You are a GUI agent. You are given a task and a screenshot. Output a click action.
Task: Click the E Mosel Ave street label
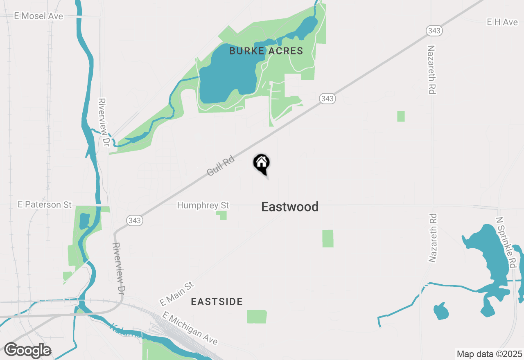[x=38, y=16]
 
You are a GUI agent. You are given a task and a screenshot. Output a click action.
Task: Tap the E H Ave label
[x=502, y=22]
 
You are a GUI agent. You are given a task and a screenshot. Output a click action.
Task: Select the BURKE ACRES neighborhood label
[x=266, y=51]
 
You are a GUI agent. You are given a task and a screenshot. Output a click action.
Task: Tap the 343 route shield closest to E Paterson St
[x=134, y=220]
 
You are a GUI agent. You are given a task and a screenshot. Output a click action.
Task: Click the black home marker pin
[x=261, y=164]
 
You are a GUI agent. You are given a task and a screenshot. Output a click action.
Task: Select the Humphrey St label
[x=203, y=205]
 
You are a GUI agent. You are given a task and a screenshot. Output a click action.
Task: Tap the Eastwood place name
[x=290, y=207]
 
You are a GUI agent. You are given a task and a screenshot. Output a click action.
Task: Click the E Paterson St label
[x=45, y=205]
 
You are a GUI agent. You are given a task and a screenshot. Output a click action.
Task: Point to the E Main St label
[x=176, y=293]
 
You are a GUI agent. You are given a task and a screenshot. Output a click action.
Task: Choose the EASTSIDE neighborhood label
[x=217, y=302]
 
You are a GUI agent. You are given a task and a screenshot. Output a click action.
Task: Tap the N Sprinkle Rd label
[x=506, y=242]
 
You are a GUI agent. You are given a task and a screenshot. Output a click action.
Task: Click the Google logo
[x=27, y=351]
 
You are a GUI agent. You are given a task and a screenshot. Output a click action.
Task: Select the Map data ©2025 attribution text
[x=489, y=354]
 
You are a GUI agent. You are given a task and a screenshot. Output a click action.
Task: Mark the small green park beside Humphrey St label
[x=222, y=215]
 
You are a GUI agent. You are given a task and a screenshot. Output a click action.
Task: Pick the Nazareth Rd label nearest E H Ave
[x=431, y=70]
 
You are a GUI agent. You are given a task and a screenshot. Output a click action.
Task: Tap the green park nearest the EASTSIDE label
[x=257, y=317]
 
